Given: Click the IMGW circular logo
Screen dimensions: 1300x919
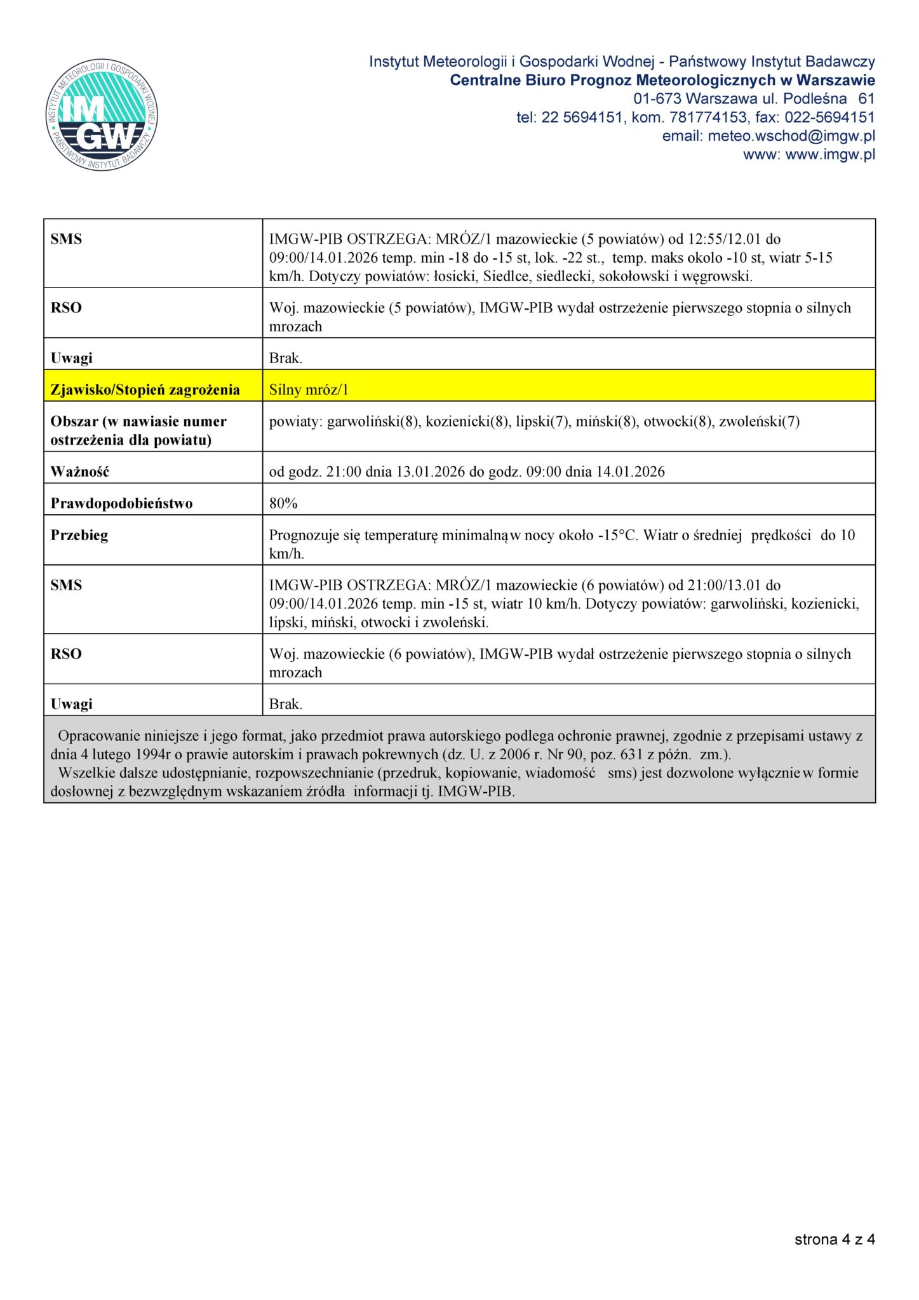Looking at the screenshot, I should (102, 116).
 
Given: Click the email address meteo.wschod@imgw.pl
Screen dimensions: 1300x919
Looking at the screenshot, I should (791, 136).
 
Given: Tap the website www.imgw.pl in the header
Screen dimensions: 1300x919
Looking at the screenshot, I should (830, 154).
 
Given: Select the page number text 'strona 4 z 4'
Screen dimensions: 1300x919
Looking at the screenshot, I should (834, 1239).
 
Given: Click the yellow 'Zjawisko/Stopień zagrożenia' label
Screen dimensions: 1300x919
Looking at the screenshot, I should (145, 390).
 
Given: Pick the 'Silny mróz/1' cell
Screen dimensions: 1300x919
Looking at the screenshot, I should (309, 390).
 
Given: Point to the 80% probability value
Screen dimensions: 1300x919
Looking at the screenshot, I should (283, 503).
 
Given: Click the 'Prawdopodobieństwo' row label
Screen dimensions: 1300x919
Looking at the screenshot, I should (121, 503).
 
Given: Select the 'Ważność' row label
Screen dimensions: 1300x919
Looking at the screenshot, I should (79, 472).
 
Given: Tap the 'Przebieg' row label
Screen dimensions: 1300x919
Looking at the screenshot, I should (79, 535).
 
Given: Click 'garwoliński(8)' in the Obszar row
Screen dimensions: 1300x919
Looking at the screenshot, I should (373, 421).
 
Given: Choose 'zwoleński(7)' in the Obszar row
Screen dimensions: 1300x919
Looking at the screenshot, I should (759, 421).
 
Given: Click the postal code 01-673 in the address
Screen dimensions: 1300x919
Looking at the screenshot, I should (657, 99).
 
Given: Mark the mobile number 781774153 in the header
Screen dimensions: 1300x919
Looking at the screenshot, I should (708, 117).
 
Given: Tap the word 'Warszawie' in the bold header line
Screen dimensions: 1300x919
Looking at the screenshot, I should (835, 81).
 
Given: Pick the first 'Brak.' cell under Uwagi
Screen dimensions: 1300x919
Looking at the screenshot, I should (286, 358).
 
